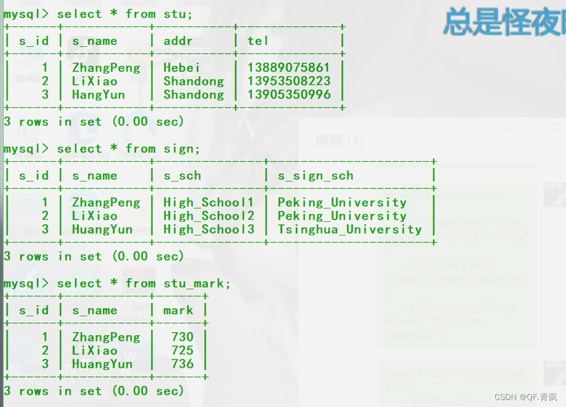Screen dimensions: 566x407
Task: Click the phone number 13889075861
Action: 288,68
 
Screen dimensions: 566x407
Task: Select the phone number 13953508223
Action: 288,81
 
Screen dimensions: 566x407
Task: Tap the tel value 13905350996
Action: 288,95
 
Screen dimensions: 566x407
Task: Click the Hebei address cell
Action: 182,68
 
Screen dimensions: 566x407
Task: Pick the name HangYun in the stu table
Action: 98,95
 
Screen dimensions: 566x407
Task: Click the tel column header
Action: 258,41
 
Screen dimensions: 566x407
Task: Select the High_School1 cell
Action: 209,203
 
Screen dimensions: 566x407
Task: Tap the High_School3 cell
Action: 209,230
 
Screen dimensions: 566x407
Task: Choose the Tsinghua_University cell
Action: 350,230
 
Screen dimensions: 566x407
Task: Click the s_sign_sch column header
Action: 315,176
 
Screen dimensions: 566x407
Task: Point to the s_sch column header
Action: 182,176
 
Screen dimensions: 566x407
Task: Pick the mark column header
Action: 178,310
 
